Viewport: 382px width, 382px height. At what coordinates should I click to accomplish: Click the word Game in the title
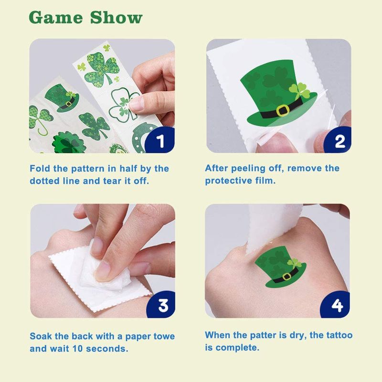(x=56, y=18)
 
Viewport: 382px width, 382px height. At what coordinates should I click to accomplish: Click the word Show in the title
(x=116, y=18)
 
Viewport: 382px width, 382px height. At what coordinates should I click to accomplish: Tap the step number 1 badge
(x=160, y=140)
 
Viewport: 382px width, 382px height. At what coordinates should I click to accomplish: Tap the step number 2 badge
(x=339, y=140)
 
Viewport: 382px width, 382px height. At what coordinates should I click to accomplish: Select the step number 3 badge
(x=162, y=305)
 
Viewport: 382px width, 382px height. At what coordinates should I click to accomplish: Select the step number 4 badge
(x=337, y=305)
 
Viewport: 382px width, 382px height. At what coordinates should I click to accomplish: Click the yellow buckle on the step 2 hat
(x=283, y=110)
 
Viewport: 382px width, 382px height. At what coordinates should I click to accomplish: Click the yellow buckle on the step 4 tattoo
(x=287, y=277)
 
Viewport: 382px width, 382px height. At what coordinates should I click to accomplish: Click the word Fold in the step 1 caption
(x=40, y=169)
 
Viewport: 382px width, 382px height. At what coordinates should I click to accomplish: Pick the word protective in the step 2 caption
(x=228, y=181)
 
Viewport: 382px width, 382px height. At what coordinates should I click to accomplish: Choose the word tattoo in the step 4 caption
(x=340, y=335)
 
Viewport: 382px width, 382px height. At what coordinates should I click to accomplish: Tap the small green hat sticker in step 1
(x=62, y=97)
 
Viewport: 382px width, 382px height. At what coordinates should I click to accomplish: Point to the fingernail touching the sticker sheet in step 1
(x=135, y=104)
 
